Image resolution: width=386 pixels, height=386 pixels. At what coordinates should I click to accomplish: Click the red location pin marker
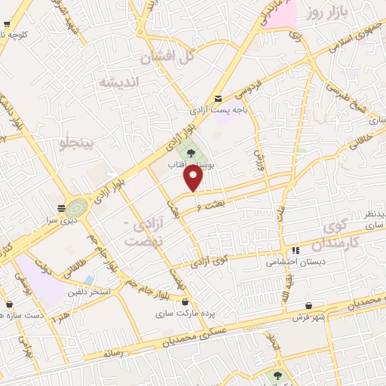tap(195, 178)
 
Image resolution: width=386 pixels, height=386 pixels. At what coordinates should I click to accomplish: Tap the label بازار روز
tap(325, 13)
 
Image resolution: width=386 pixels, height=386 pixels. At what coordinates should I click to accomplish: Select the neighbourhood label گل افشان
tap(168, 55)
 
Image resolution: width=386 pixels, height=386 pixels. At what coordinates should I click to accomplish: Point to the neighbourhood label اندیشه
tap(120, 82)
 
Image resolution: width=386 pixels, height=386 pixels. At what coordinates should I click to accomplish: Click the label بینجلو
tap(78, 142)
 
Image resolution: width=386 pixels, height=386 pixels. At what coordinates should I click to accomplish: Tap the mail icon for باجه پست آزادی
tap(219, 98)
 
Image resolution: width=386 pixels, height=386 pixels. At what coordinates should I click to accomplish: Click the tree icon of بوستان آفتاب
tap(191, 146)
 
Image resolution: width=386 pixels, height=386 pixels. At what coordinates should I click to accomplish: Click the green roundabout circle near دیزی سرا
tap(76, 207)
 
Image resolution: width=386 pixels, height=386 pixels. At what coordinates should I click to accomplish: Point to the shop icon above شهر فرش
tap(309, 305)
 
